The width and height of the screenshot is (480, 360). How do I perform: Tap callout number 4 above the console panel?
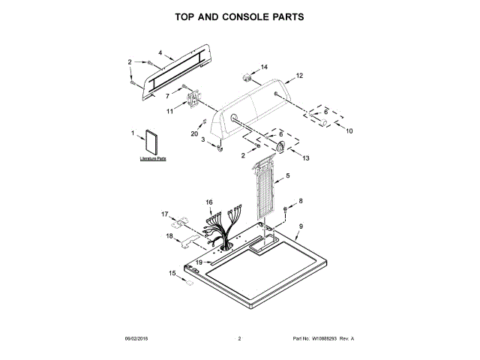tap(160, 52)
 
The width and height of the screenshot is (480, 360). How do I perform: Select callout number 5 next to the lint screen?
tap(287, 175)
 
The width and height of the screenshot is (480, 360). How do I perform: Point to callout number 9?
tap(301, 226)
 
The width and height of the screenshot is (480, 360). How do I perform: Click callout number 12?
tap(299, 76)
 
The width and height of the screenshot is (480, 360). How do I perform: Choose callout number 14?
tap(264, 67)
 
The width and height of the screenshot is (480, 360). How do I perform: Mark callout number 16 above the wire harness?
tap(209, 202)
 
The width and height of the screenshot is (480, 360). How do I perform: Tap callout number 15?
tap(172, 274)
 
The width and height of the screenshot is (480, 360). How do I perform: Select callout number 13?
tap(305, 158)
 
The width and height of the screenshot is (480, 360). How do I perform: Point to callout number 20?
tap(193, 133)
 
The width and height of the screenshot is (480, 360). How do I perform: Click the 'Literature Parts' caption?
tap(152, 160)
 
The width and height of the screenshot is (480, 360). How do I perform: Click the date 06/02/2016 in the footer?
tap(139, 339)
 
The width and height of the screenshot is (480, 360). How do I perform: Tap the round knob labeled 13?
tap(280, 147)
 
